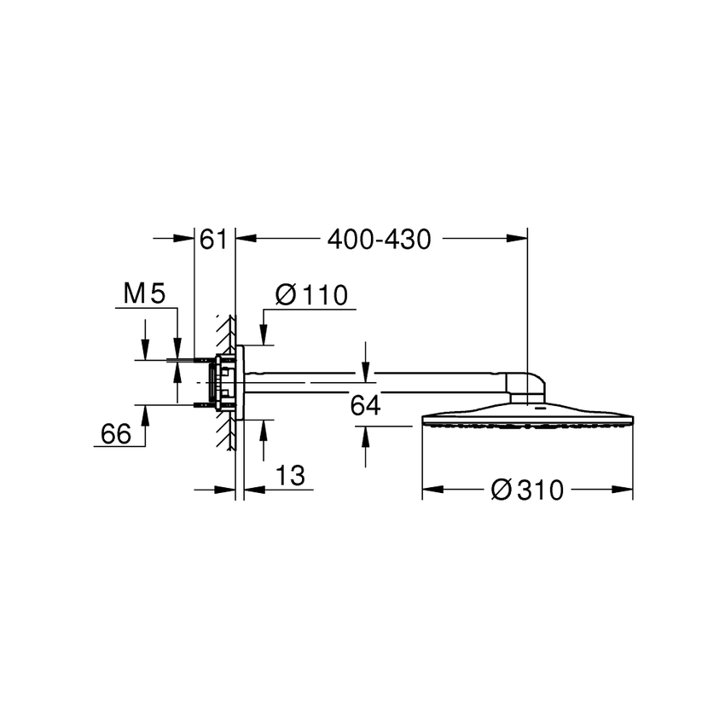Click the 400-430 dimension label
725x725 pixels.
[380, 241]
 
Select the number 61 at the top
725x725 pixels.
[213, 241]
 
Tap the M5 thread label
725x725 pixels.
[142, 295]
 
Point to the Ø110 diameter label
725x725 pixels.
[311, 295]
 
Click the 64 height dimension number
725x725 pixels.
[365, 406]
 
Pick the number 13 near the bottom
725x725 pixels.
[291, 475]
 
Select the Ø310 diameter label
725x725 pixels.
[529, 490]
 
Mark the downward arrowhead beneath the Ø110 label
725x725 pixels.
[264, 338]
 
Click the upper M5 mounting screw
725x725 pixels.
[202, 361]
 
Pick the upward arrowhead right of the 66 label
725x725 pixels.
[145, 414]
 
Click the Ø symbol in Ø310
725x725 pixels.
[503, 490]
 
